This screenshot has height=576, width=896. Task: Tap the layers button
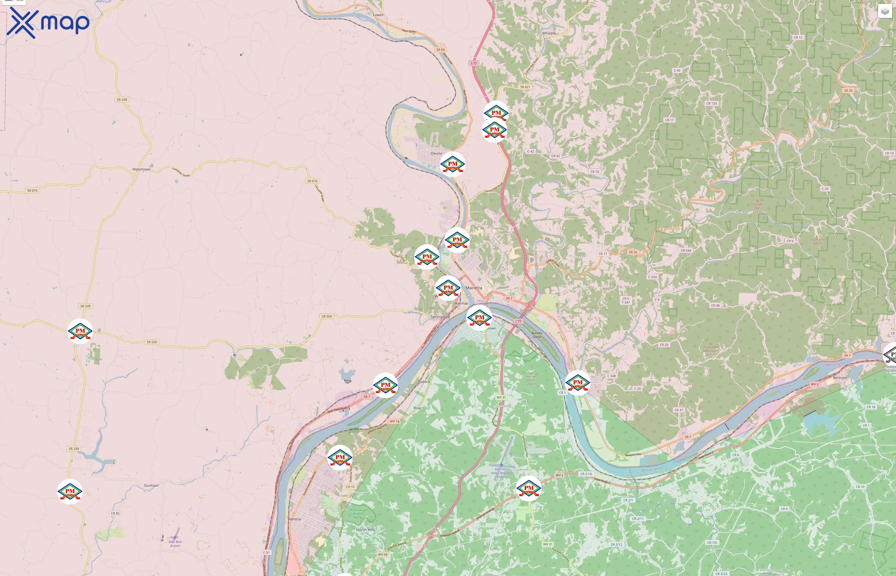point(885,12)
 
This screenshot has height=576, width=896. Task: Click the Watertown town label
point(141,169)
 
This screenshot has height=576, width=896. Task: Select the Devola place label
point(436,153)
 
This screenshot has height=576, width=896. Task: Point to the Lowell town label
point(378,15)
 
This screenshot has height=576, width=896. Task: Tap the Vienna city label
point(294,519)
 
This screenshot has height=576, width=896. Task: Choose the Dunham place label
point(151,485)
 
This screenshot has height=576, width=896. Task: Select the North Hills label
point(365,530)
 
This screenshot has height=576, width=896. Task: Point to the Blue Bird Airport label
point(175,543)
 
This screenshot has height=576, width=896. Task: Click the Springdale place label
point(440,317)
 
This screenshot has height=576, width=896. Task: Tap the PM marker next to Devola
point(452,164)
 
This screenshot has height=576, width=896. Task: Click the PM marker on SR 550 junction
point(80,331)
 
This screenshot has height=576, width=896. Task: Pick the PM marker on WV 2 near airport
point(528,488)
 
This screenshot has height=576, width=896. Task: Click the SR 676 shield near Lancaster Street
point(312,181)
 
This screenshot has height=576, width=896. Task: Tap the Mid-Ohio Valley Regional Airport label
point(501,473)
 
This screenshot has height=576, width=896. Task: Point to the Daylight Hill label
point(757,206)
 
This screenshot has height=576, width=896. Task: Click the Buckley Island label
point(537,335)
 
